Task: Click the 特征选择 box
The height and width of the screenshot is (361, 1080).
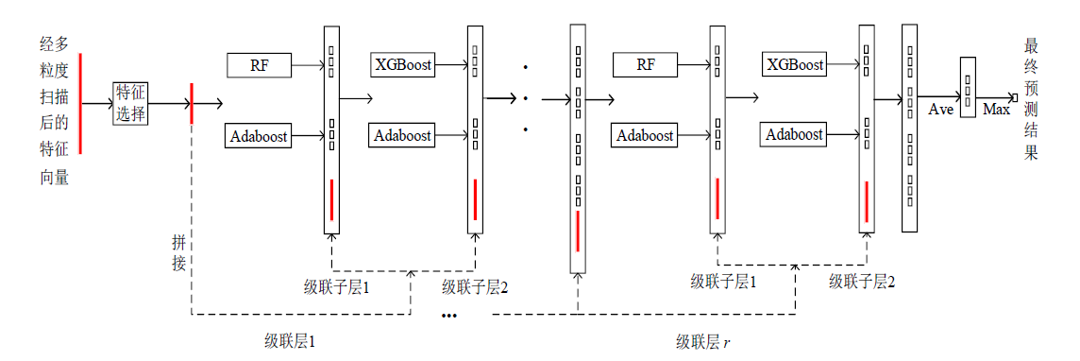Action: pos(130,103)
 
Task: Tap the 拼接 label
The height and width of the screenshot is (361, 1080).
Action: pos(179,252)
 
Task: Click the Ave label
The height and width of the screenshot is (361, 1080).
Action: pos(941,109)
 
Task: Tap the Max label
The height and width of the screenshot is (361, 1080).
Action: pos(996,109)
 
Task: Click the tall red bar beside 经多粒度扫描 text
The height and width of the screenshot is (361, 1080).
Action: pos(80,103)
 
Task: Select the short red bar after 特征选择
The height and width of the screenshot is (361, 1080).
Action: pos(192,103)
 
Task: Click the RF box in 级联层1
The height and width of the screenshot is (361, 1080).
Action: pos(259,65)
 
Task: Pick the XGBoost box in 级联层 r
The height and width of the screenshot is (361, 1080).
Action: pos(796,65)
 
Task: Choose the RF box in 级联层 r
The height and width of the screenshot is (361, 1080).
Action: pos(646,65)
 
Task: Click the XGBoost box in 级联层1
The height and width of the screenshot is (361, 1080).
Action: pos(404,65)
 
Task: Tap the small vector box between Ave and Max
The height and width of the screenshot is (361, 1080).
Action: pos(968,88)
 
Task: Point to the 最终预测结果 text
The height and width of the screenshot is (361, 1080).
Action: pos(1031,100)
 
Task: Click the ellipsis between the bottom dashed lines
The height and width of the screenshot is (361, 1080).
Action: pos(449,316)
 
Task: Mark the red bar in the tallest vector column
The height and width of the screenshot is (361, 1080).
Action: pos(578,232)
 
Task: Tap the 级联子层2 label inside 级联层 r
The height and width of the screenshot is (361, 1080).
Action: pos(862,281)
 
